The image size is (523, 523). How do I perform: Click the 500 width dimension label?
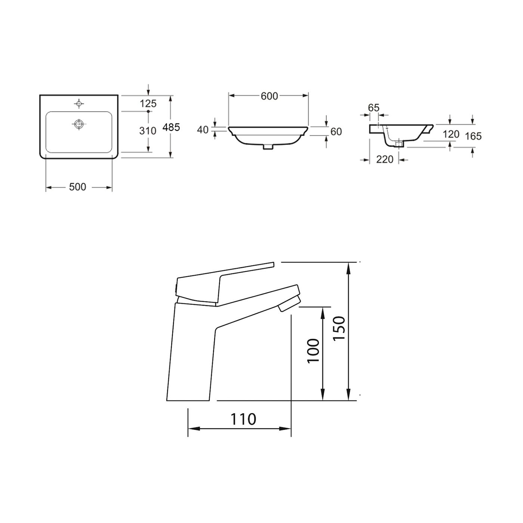click(78, 187)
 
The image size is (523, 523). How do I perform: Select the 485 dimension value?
click(171, 127)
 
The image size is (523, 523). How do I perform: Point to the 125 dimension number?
click(148, 103)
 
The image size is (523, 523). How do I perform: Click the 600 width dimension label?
click(269, 96)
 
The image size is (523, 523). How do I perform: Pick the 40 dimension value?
click(202, 130)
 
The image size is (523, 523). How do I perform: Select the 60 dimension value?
click(336, 131)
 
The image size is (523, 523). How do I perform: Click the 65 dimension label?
click(374, 108)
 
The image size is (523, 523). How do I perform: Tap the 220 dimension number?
click(385, 160)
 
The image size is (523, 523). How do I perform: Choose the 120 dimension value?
click(451, 134)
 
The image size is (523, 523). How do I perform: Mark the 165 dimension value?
click(473, 136)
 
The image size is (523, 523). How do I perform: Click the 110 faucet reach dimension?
click(243, 419)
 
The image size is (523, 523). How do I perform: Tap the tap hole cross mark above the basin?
click(79, 103)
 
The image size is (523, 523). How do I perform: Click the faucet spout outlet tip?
click(288, 305)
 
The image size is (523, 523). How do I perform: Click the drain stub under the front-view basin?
click(268, 147)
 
